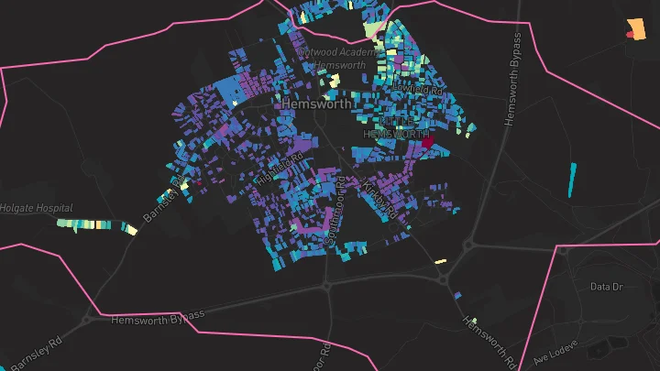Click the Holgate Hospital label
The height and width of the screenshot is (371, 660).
[36, 208]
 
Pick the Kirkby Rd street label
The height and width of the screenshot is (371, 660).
[380, 200]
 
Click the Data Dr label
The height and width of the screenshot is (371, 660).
[606, 287]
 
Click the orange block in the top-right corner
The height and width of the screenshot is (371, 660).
[634, 29]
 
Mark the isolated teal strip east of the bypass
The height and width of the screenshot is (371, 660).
[573, 180]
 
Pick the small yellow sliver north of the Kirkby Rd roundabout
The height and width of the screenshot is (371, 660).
[440, 261]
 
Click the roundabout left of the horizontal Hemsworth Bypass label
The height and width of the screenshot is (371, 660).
[89, 320]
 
